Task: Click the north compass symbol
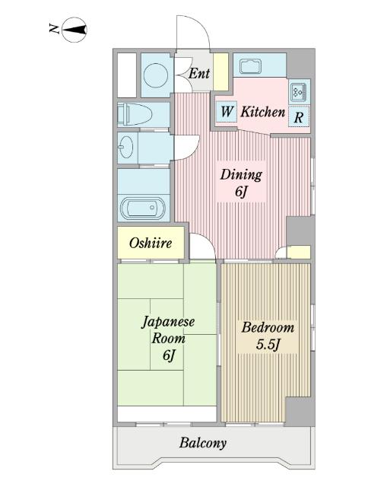pos(75,30)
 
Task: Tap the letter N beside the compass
pos(55,29)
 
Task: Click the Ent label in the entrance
pos(199,74)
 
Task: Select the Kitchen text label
pos(263,112)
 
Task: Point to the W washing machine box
pos(227,111)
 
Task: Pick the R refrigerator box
pos(299,116)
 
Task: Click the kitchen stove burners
pos(299,92)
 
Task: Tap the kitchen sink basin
pos(250,67)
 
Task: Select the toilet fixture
pos(135,115)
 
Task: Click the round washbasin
pos(125,147)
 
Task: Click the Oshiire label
pos(151,243)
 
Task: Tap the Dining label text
pos(241,174)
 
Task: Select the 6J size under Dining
pos(241,192)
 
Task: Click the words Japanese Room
pos(168,330)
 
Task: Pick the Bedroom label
pos(268,327)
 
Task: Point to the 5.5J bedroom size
pos(268,345)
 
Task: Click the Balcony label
pos(203,443)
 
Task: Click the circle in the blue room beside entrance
pos(156,75)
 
